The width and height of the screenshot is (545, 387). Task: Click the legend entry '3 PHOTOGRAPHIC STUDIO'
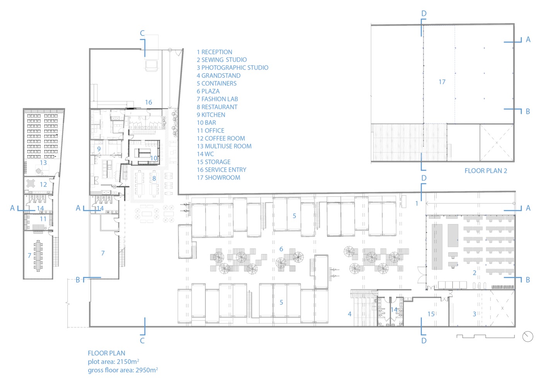click(232, 68)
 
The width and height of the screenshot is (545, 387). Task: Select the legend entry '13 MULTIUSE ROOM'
click(224, 146)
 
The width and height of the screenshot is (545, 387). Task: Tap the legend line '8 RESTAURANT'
click(217, 107)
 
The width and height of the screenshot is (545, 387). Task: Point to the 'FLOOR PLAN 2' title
click(486, 171)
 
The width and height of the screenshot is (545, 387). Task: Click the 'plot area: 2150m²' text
click(113, 362)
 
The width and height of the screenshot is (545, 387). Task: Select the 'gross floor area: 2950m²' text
click(123, 370)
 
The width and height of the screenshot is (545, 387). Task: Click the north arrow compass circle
click(528, 337)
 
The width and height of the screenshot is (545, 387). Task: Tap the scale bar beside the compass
click(486, 337)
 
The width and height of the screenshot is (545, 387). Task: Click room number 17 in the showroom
click(442, 82)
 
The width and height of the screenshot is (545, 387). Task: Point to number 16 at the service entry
click(149, 102)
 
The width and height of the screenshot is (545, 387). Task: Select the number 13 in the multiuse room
click(43, 163)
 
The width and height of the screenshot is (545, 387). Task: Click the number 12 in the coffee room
click(43, 185)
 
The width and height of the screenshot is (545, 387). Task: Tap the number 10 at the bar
click(154, 158)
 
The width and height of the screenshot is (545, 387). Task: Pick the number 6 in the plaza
click(281, 249)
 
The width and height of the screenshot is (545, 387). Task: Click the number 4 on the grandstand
click(350, 314)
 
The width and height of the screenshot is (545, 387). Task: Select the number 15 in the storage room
click(431, 314)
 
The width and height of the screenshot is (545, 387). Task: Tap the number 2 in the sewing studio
click(475, 273)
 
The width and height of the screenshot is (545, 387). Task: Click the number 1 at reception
click(417, 203)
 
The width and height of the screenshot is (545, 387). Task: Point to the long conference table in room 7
click(38, 256)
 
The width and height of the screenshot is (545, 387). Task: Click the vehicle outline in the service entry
click(151, 66)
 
